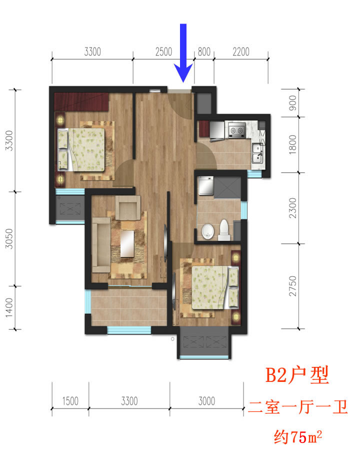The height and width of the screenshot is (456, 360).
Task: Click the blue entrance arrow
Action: click(x=183, y=53)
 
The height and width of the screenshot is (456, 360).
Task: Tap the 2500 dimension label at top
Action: click(x=163, y=52)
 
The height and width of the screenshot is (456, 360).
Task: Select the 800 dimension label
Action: click(x=204, y=52)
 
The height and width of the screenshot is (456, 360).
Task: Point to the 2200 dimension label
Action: click(x=241, y=52)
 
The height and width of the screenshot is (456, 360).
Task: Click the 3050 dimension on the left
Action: click(x=9, y=239)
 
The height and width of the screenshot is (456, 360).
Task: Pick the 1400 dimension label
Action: click(x=9, y=307)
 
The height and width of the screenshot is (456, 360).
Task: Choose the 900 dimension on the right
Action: click(x=293, y=103)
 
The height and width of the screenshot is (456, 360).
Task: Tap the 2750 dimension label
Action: click(x=293, y=286)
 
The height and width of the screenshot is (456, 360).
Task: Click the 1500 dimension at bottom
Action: click(x=70, y=401)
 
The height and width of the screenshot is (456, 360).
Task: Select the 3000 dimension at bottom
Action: click(x=206, y=401)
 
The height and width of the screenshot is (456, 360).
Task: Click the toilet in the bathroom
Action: click(x=224, y=230)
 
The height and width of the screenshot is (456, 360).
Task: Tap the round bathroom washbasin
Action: click(x=207, y=231)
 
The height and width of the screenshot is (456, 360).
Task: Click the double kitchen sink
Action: click(x=257, y=153)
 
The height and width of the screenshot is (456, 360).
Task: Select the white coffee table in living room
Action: click(x=127, y=244)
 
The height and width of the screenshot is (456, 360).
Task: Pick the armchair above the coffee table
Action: click(x=127, y=207)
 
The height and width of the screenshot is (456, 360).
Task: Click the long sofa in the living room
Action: click(x=101, y=245)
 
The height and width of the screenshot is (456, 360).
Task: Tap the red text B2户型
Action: click(x=297, y=375)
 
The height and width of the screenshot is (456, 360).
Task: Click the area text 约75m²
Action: click(x=298, y=436)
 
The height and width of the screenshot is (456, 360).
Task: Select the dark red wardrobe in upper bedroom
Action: click(x=81, y=102)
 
